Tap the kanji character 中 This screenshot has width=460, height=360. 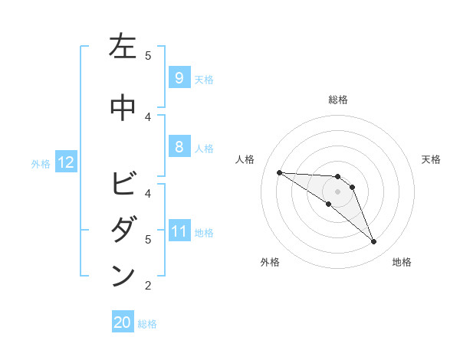pyautogui.click(x=123, y=108)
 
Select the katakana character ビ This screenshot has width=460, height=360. pyautogui.click(x=123, y=185)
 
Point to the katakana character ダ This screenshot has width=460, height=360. pyautogui.click(x=123, y=231)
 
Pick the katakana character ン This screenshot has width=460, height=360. pyautogui.click(x=123, y=277)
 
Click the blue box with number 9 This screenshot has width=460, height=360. pyautogui.click(x=179, y=77)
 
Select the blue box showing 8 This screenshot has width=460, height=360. pyautogui.click(x=179, y=148)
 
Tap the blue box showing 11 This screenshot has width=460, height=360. pyautogui.click(x=179, y=232)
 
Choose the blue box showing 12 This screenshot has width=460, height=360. pyautogui.click(x=65, y=162)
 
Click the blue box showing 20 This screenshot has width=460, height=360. pyautogui.click(x=123, y=323)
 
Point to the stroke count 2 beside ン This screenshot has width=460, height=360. pyautogui.click(x=148, y=286)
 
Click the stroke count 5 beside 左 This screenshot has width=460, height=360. pyautogui.click(x=148, y=55)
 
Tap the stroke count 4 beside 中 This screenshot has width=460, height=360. pyautogui.click(x=148, y=116)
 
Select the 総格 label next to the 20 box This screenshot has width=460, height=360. pyautogui.click(x=147, y=324)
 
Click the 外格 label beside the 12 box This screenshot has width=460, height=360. pyautogui.click(x=41, y=163)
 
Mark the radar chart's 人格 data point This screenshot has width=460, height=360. pyautogui.click(x=279, y=172)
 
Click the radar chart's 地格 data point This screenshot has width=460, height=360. pyautogui.click(x=374, y=242)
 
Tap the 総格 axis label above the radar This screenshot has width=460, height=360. pyautogui.click(x=338, y=100)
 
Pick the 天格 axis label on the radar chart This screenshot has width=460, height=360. pyautogui.click(x=432, y=159)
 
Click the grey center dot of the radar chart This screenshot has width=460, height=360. pyautogui.click(x=338, y=191)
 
